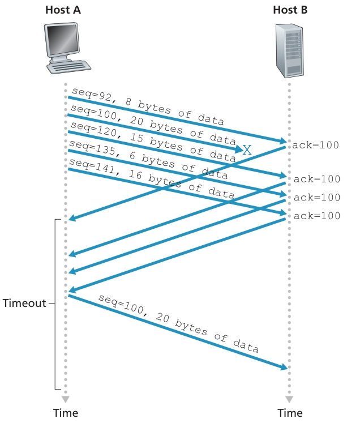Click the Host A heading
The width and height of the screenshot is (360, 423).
click(66, 10)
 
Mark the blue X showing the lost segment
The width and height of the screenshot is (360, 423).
click(247, 150)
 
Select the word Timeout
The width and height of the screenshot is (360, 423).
click(24, 303)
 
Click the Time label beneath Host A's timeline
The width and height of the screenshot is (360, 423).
click(66, 412)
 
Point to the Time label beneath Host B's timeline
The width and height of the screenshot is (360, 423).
click(290, 412)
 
